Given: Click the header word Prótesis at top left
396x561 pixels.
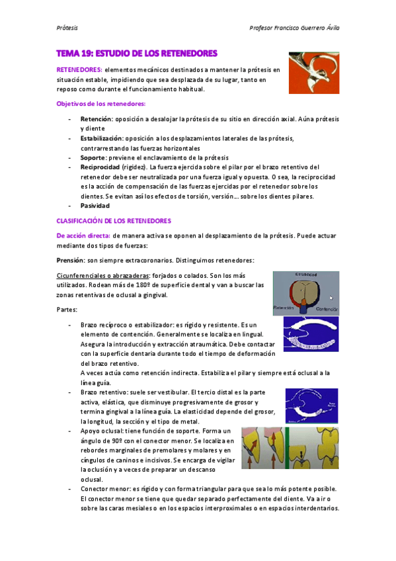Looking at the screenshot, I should tap(67, 28).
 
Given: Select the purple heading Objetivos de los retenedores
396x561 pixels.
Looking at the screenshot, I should tap(101, 104).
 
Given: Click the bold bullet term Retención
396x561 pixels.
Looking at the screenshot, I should tap(97, 119).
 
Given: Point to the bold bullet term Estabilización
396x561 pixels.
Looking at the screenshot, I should tap(101, 138).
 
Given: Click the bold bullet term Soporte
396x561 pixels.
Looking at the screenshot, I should tap(94, 158).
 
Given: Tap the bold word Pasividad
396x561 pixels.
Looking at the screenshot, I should tap(95, 206).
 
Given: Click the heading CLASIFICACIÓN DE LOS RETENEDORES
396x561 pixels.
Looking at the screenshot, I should tap(114, 220).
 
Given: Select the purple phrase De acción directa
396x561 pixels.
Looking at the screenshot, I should tap(83, 235).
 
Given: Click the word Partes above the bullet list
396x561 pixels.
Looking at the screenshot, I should tap(67, 309).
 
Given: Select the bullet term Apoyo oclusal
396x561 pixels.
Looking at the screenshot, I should tap(102, 430).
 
